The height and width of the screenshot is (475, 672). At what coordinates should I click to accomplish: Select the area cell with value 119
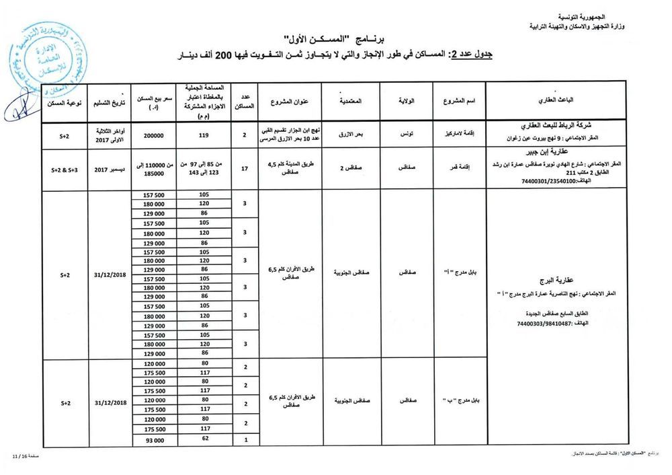[202, 135]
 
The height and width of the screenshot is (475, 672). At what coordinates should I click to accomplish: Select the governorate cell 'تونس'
[407, 135]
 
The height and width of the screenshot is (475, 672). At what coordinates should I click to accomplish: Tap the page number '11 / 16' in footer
[17, 456]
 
